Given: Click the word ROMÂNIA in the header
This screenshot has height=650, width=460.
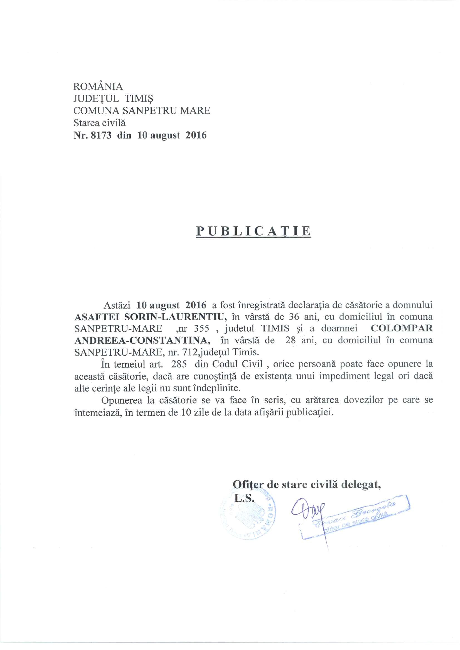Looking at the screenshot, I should click(x=98, y=86).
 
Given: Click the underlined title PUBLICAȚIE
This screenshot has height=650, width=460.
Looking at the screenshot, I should click(x=253, y=231).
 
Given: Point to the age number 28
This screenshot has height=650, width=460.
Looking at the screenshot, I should click(x=291, y=340).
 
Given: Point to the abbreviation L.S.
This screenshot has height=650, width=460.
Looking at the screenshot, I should click(x=243, y=506).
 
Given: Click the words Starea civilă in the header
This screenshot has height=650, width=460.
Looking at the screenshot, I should click(x=99, y=123).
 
